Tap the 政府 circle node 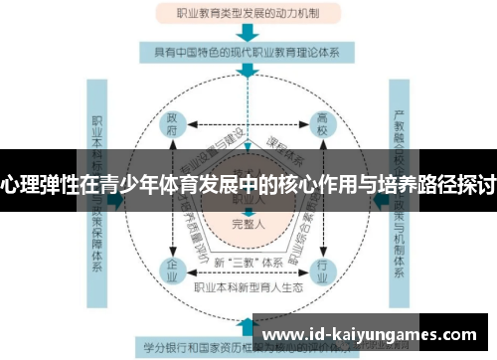point(171,130)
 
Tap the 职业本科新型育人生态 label point(248,286)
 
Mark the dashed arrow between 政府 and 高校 point(248,126)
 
